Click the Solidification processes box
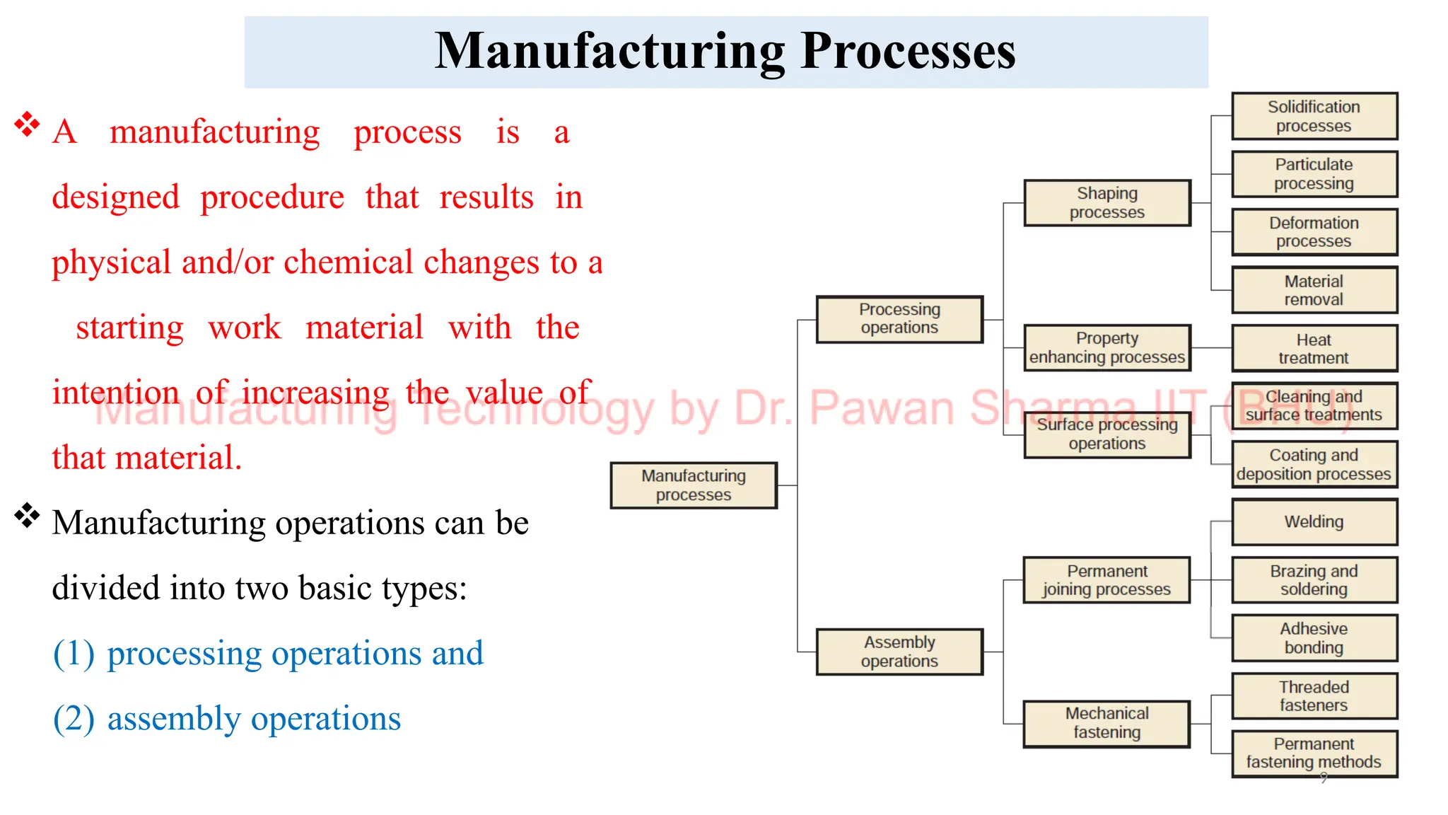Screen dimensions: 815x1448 click(x=1314, y=116)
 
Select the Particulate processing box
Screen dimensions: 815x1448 click(x=1314, y=174)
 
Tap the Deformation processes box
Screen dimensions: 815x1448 click(x=1314, y=232)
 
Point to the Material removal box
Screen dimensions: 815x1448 click(x=1314, y=290)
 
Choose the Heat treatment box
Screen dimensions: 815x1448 click(x=1314, y=349)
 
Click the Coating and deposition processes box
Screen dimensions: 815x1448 click(x=1314, y=465)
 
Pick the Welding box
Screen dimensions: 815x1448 click(x=1314, y=522)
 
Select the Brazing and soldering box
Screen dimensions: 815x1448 click(x=1314, y=580)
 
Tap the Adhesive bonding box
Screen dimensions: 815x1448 click(x=1314, y=638)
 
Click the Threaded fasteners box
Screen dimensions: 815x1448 click(x=1314, y=696)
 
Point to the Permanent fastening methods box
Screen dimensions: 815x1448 click(x=1314, y=753)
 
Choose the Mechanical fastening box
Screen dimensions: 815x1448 click(x=1107, y=723)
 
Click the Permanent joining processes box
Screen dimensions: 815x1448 click(x=1107, y=580)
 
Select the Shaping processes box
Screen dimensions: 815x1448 click(x=1107, y=203)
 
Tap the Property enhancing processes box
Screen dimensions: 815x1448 click(x=1107, y=348)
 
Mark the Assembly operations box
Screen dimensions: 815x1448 click(x=899, y=652)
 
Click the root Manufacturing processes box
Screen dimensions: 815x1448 click(x=694, y=485)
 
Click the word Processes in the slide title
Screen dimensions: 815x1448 click(x=908, y=52)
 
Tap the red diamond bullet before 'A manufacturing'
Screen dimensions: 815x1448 click(x=27, y=124)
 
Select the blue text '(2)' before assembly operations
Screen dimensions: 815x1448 click(x=74, y=719)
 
